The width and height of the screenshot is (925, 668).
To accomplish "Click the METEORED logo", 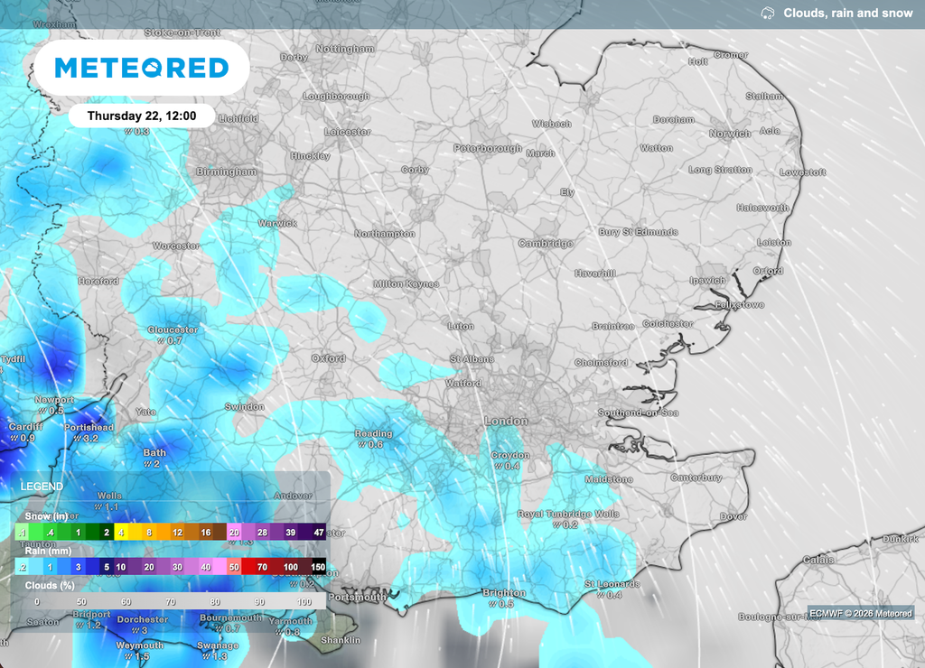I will tap(142, 68).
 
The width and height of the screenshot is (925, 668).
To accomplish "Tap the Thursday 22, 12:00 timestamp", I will tap(141, 116).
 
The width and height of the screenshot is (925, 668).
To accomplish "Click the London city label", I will tap(506, 422).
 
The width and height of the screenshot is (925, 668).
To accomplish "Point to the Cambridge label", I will tap(546, 244).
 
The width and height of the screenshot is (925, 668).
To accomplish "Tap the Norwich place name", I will tap(730, 134).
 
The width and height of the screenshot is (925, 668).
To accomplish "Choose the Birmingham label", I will tap(227, 172).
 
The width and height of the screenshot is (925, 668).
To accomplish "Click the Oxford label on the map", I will tap(329, 358).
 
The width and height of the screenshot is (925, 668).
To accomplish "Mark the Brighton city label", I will tap(504, 593).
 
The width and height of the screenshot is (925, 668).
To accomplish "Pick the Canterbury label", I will tap(696, 478).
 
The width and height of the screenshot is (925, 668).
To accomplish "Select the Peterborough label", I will tap(488, 148).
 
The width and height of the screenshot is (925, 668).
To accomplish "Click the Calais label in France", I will tap(819, 560).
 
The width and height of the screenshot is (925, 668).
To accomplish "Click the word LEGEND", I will tap(42, 487).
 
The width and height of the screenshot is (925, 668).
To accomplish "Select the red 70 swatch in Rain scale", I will tap(262, 567).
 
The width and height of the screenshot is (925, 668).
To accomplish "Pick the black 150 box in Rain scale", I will tap(318, 567).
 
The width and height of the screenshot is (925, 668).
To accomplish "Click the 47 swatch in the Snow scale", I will tap(318, 533).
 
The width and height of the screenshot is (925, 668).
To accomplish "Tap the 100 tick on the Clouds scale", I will tap(304, 601).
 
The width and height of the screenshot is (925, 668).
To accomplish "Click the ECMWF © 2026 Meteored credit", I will tap(860, 614).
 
